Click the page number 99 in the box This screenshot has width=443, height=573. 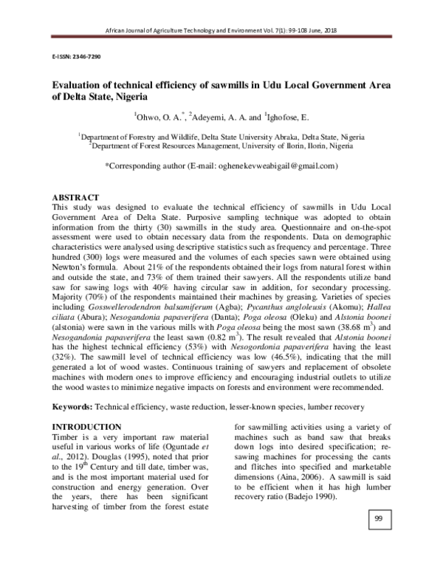click(x=377, y=541)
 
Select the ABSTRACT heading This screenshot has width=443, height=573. click(x=75, y=199)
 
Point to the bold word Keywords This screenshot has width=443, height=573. click(x=71, y=407)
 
